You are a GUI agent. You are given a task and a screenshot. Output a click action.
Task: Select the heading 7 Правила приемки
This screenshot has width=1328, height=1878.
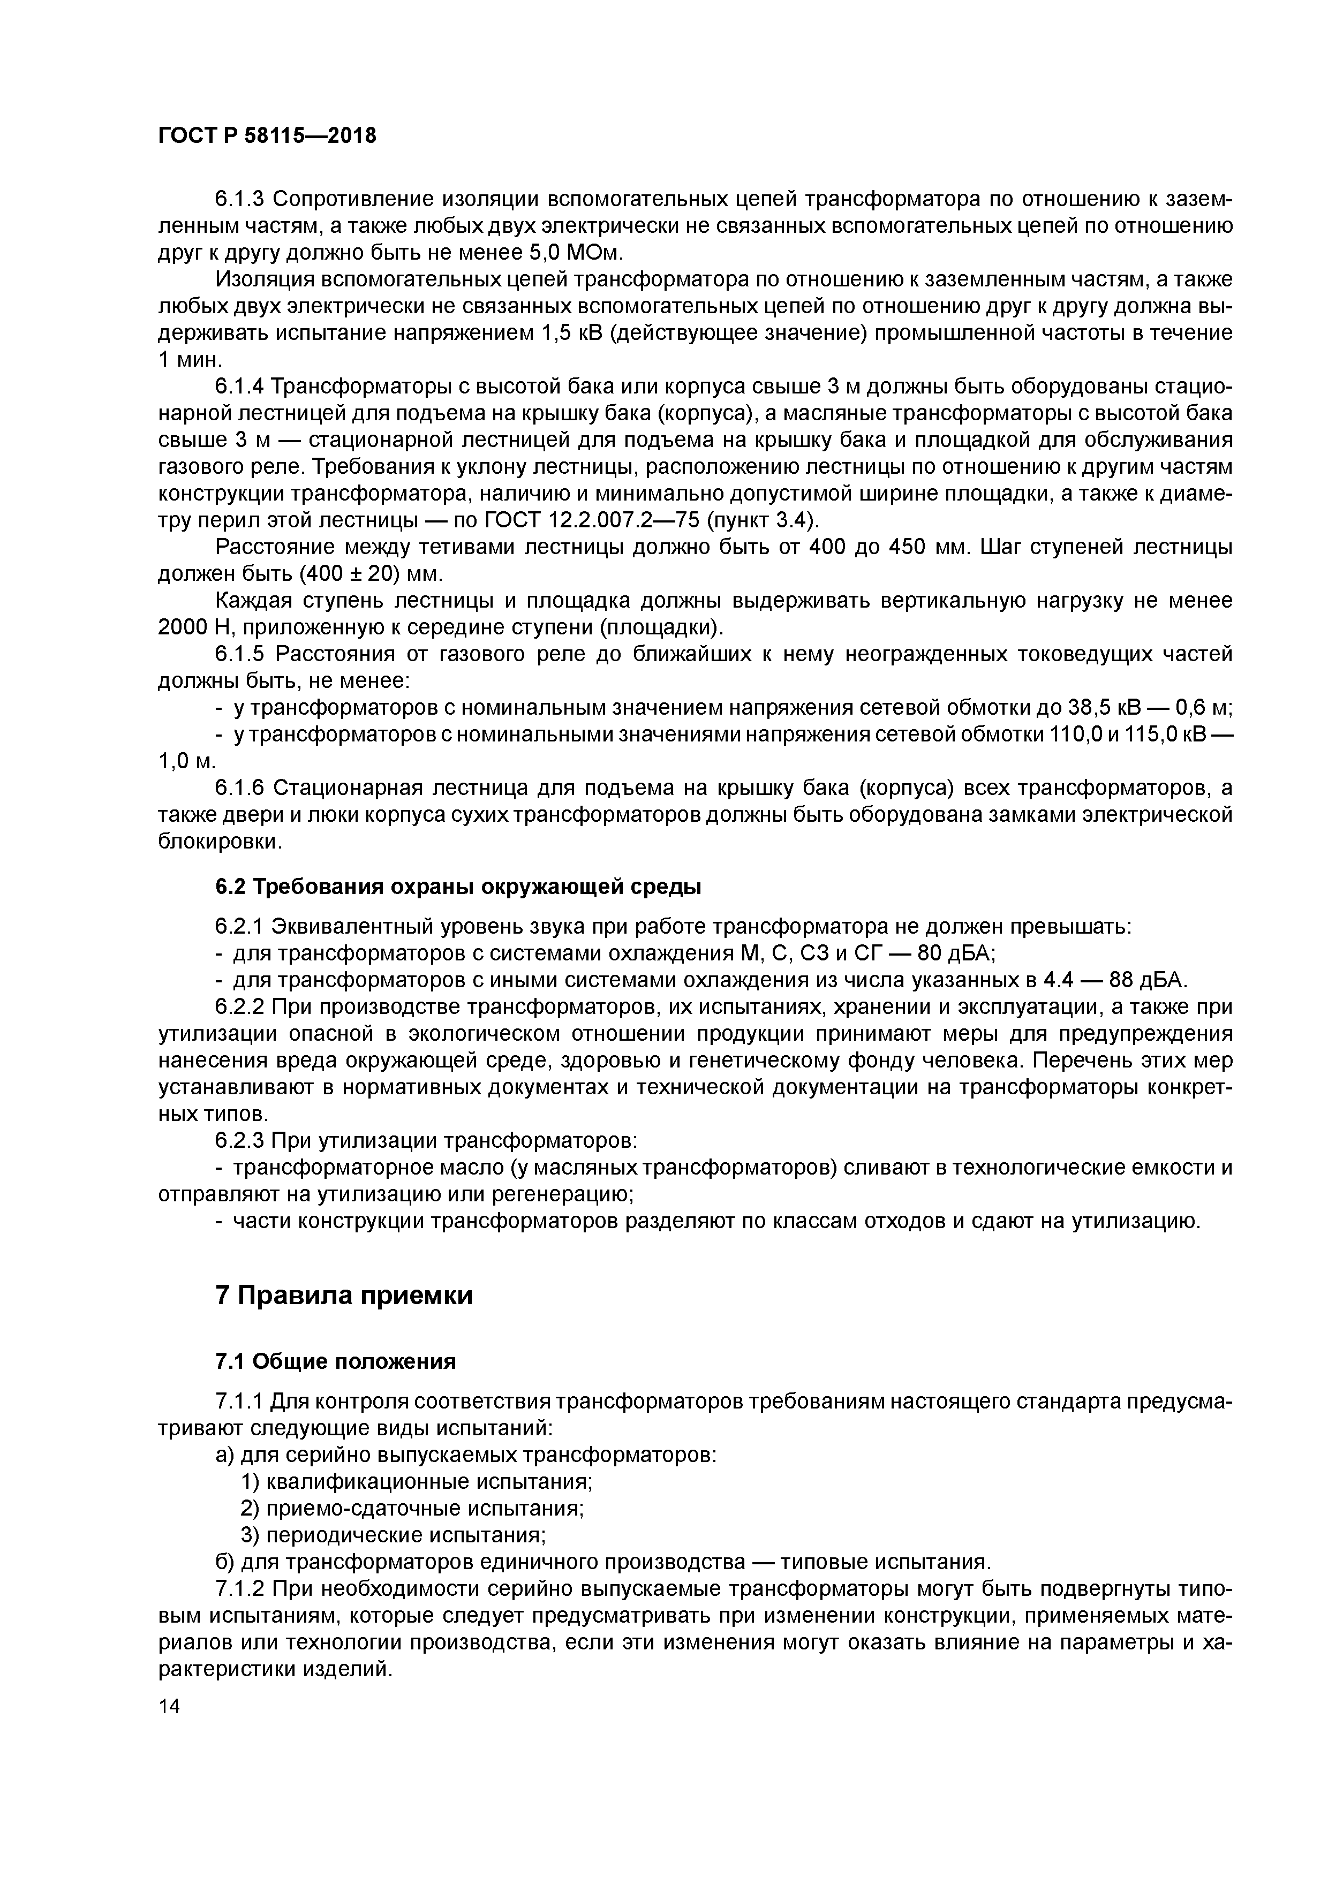pyautogui.click(x=344, y=1296)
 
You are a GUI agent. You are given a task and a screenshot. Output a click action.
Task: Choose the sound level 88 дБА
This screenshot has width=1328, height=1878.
pyautogui.click(x=1140, y=980)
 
